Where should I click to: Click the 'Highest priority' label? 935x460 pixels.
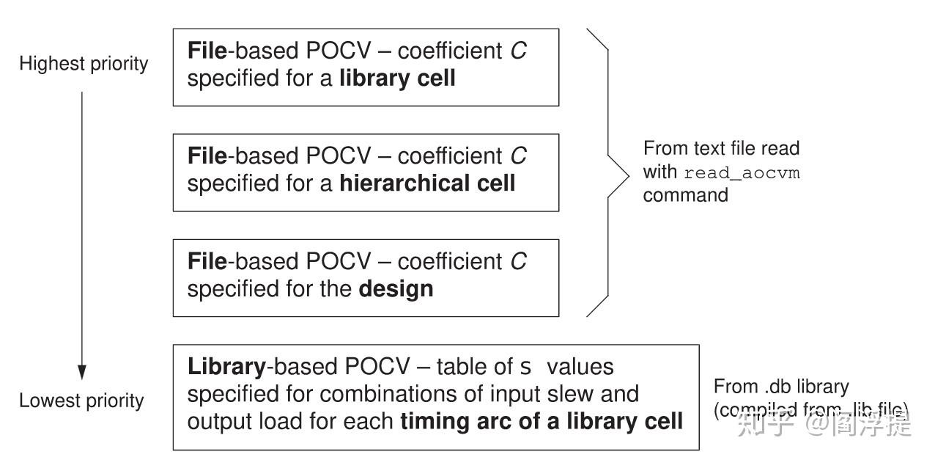coord(84,64)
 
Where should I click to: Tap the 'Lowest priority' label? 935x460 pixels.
coord(81,401)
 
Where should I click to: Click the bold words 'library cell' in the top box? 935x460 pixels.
coord(397,78)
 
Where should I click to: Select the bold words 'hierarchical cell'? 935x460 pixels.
coord(427,183)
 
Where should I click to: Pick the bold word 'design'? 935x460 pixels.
coord(396,288)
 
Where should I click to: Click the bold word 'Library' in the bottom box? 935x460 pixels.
coord(226,366)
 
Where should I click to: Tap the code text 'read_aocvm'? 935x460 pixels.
coord(742,174)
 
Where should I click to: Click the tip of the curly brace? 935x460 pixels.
coord(628,173)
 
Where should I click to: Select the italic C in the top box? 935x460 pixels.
coord(518,51)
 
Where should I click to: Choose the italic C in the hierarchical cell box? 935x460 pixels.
coord(518,156)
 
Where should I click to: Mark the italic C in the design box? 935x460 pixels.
coord(518,262)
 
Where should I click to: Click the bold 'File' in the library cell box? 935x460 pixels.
coord(207,51)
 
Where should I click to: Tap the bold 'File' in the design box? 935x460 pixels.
coord(207,262)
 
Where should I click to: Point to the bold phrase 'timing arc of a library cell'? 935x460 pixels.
coord(542,421)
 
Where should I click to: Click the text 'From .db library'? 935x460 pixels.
coord(781,387)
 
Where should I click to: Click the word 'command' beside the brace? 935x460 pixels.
coord(686,195)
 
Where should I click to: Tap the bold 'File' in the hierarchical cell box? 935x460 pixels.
coord(207,156)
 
